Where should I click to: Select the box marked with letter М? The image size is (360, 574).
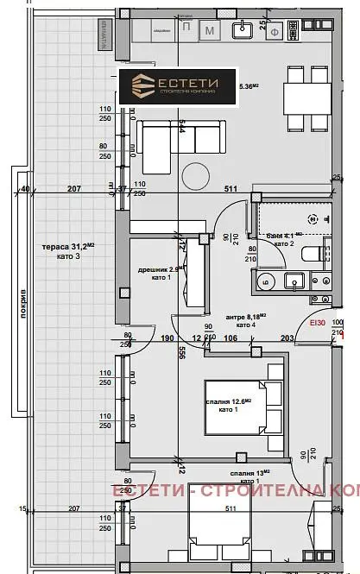(210, 32)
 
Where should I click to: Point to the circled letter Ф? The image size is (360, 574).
(298, 33)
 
